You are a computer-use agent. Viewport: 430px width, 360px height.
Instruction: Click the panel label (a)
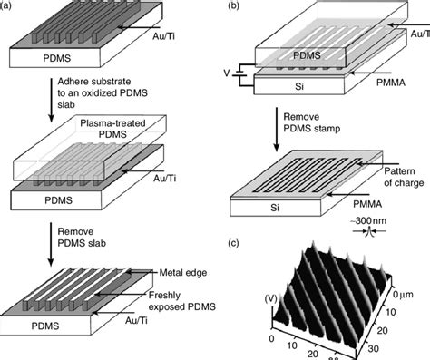click(8, 8)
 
